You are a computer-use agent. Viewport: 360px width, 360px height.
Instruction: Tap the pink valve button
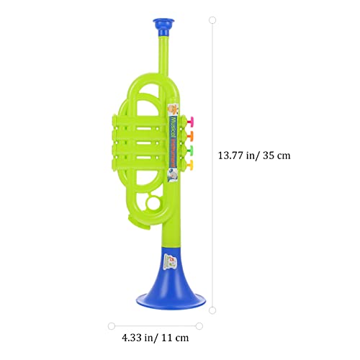coord(193,121)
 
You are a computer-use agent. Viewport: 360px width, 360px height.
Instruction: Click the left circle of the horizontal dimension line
coord(112,325)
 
